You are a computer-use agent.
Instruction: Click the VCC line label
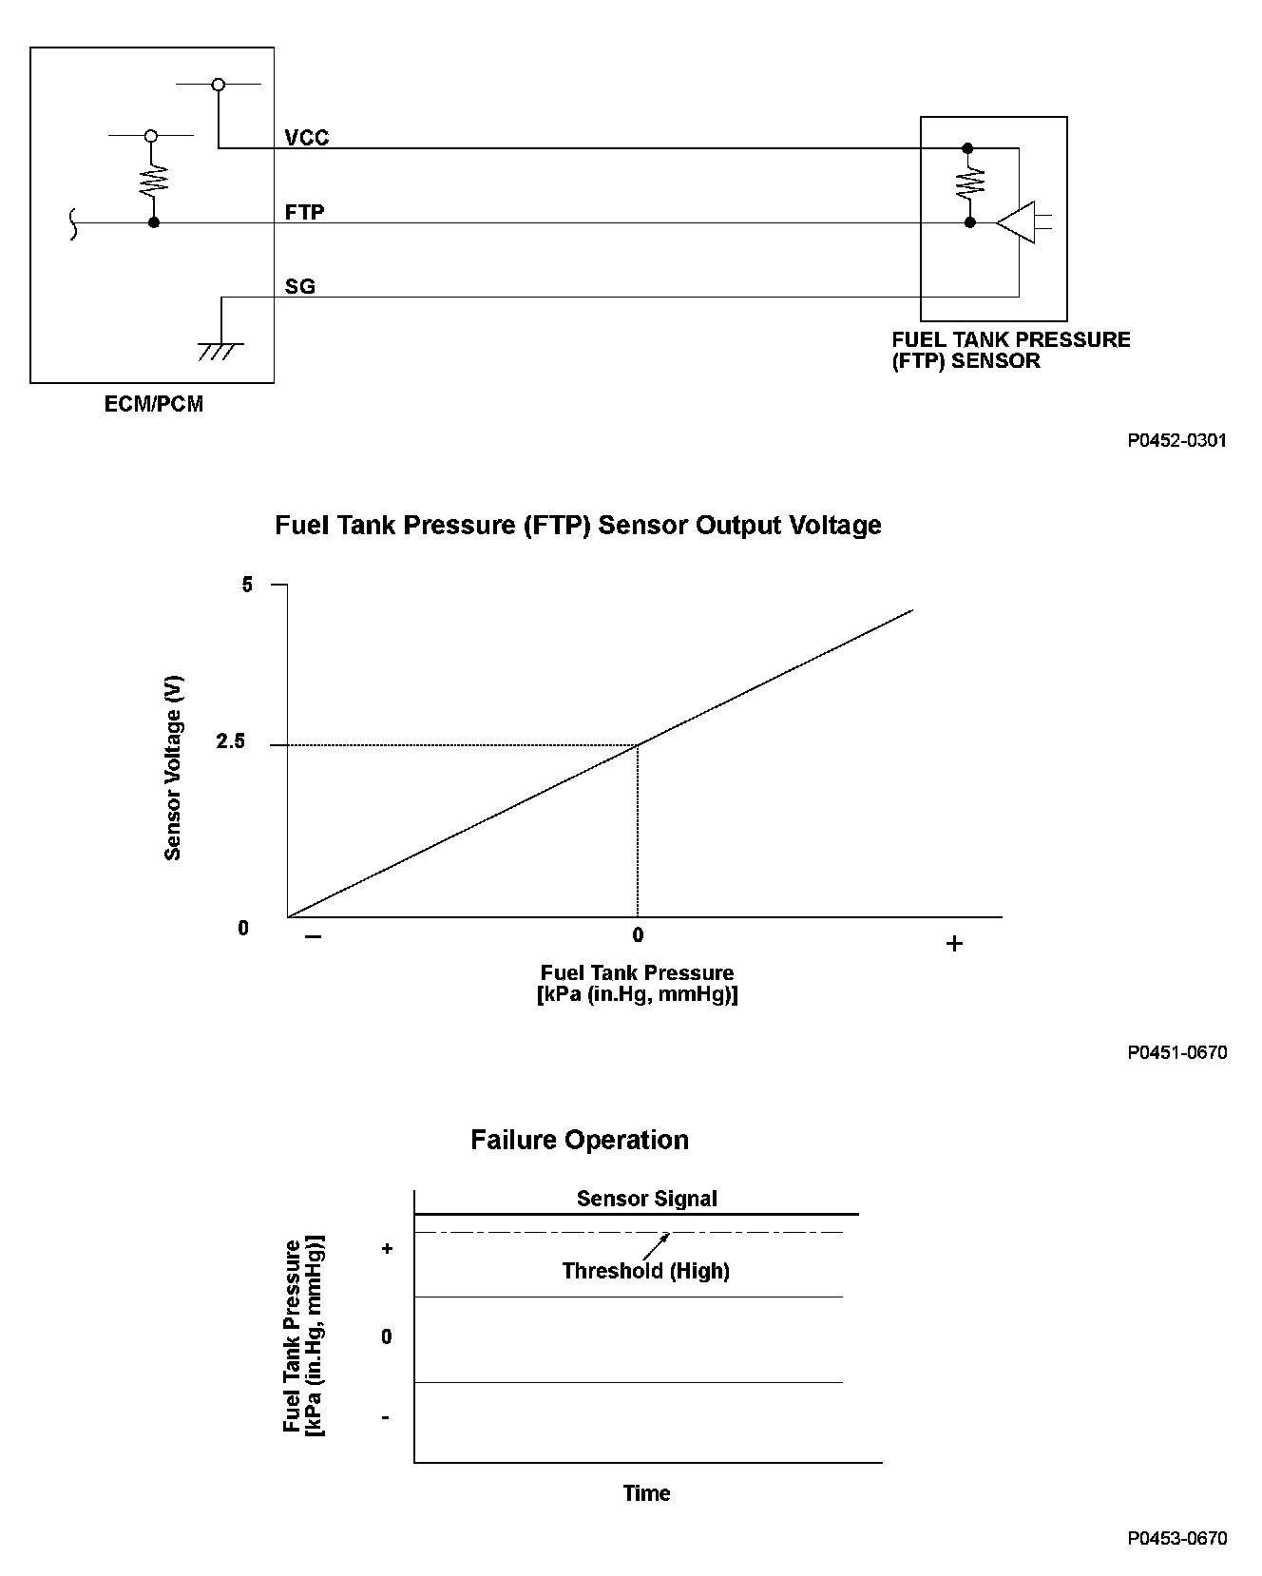click(x=306, y=138)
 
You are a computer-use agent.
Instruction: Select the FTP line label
click(x=304, y=212)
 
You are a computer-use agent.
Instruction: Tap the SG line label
click(x=299, y=286)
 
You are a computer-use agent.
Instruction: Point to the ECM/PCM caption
click(x=153, y=404)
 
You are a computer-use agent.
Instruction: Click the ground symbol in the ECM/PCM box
click(x=220, y=350)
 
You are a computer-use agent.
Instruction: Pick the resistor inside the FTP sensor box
click(x=969, y=183)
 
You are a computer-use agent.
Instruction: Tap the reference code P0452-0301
click(x=1176, y=440)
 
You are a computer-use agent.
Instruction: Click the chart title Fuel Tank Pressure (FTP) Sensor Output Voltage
click(x=578, y=526)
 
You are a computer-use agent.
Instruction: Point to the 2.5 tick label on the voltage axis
click(x=231, y=741)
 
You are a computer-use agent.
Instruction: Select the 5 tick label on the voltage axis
click(x=247, y=585)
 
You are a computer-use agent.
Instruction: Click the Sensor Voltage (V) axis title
click(x=173, y=767)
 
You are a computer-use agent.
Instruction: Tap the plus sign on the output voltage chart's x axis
click(x=954, y=943)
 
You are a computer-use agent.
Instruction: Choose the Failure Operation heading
click(x=579, y=1140)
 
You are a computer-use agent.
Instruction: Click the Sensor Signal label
click(x=646, y=1199)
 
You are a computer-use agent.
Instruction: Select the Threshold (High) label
click(x=645, y=1271)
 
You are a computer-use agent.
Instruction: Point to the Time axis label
click(x=646, y=1493)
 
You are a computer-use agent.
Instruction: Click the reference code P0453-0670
click(x=1176, y=1539)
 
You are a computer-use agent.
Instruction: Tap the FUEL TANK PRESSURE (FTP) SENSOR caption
click(x=1010, y=350)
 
